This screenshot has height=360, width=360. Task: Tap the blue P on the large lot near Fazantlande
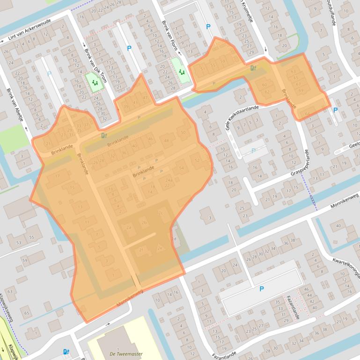[261, 289]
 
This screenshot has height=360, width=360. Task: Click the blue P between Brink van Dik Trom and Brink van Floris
[129, 48]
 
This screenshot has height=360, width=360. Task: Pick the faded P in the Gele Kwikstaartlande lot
[253, 151]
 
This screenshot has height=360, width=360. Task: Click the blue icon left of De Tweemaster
[66, 351]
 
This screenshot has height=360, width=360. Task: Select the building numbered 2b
[144, 223]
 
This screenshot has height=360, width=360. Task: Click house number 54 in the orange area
[181, 168]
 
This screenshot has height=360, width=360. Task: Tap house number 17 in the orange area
[58, 175]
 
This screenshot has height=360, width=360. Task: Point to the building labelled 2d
[175, 239]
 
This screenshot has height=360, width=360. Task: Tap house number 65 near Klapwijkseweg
[26, 313]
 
